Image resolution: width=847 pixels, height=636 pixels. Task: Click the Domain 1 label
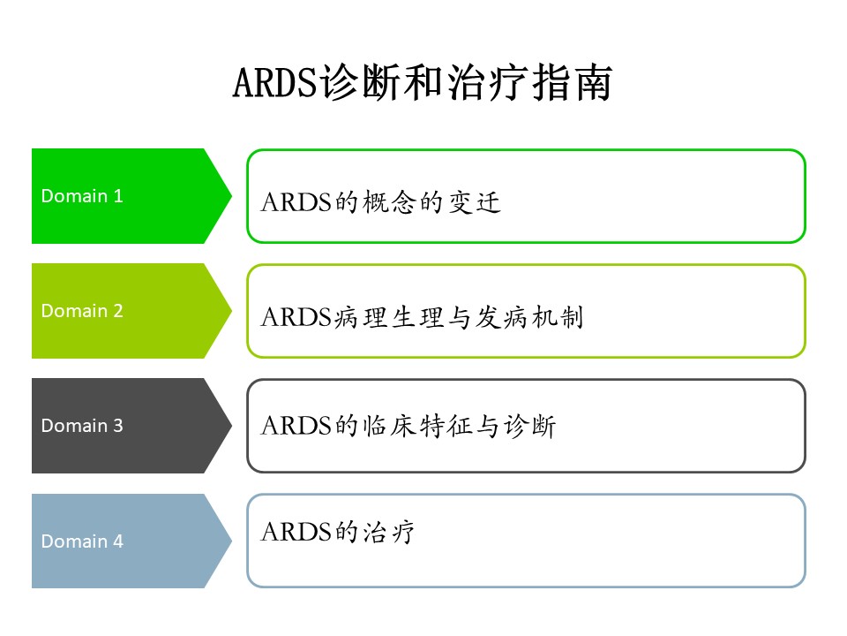[x=82, y=196]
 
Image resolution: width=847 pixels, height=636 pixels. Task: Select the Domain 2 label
[x=82, y=311]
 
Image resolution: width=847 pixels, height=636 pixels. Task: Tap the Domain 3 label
[x=82, y=426]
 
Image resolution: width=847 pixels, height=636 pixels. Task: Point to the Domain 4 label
[x=82, y=541]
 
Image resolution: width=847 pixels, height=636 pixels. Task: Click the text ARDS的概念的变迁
[x=381, y=202]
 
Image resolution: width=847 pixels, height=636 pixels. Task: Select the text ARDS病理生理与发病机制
[x=423, y=317]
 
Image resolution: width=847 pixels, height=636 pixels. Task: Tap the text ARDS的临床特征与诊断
[x=409, y=427]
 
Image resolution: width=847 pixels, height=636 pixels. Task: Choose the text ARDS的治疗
[x=338, y=532]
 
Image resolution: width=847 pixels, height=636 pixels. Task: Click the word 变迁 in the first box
[x=476, y=202]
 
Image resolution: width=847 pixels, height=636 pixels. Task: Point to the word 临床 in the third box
[x=389, y=427]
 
